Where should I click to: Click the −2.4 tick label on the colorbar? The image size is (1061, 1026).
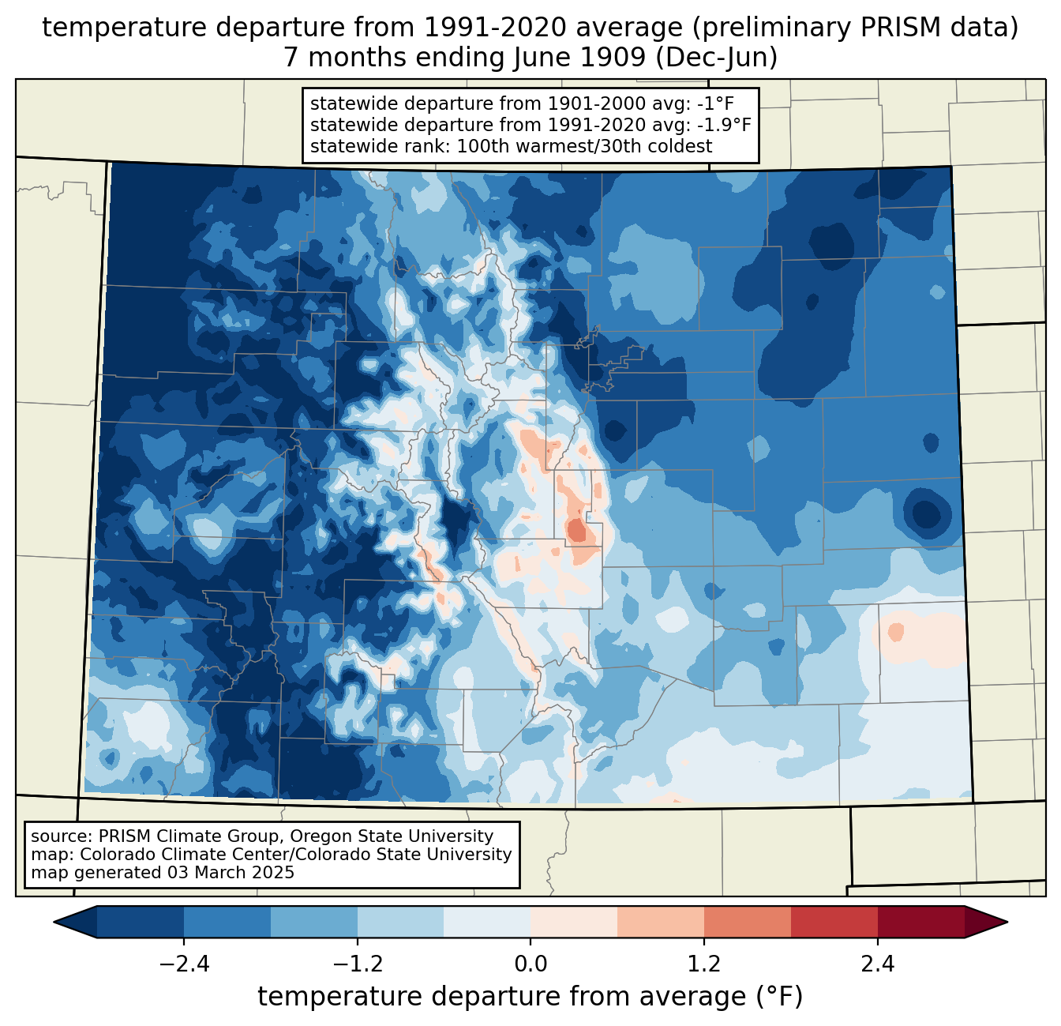point(184,964)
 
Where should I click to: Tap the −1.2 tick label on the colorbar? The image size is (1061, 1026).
point(357,964)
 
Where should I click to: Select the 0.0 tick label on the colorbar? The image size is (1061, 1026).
point(530,964)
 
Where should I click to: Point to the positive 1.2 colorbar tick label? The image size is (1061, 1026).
point(704,964)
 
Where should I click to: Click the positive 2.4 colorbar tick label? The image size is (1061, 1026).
point(877,964)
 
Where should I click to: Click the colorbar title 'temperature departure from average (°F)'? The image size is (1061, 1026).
point(530,997)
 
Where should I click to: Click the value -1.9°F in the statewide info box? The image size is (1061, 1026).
point(720,125)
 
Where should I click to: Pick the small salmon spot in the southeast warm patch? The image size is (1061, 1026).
point(895,632)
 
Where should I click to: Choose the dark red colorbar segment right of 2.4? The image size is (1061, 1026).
point(920,922)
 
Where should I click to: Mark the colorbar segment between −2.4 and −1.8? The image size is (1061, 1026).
point(227,922)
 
